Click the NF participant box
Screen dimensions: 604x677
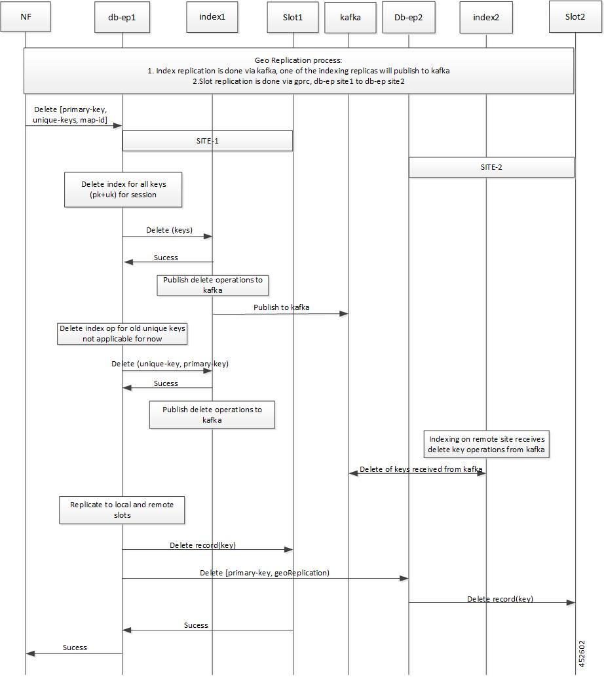[26, 17]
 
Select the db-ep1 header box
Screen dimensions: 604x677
[122, 17]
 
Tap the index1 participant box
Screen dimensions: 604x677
[212, 17]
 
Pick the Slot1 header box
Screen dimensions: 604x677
[293, 17]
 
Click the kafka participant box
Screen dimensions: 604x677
[350, 18]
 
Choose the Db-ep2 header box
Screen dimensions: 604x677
[408, 18]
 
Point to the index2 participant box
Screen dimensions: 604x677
[486, 18]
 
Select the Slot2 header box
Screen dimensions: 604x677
[575, 17]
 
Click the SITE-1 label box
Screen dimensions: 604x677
[208, 141]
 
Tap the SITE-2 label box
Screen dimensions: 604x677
[491, 167]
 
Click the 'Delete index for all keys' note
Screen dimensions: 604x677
[123, 189]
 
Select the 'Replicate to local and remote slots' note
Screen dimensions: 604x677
[122, 510]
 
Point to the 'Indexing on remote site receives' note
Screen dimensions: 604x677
[486, 444]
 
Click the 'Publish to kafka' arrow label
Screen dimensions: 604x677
[281, 307]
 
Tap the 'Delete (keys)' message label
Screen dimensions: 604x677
[169, 230]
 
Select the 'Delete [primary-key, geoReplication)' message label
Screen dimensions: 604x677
[265, 573]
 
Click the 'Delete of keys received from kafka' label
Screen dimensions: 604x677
[421, 469]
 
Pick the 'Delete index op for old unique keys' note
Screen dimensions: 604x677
[122, 334]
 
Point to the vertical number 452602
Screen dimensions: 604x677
[582, 653]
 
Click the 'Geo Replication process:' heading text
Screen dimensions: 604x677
[298, 60]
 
